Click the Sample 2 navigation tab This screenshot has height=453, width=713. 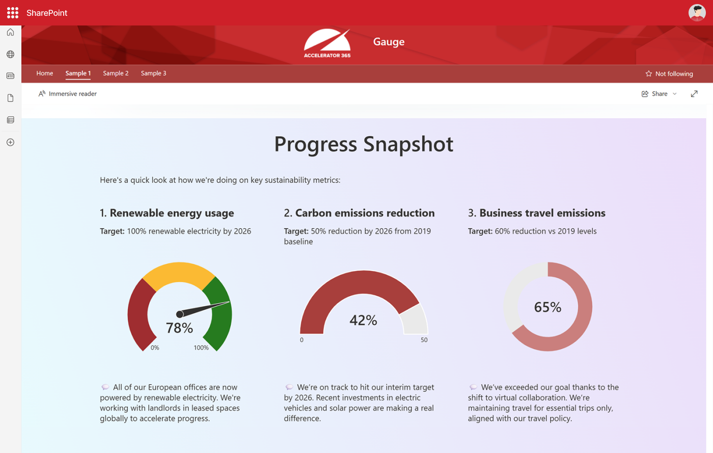pos(116,73)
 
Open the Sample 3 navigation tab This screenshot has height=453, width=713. pos(153,73)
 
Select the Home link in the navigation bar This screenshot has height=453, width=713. pos(45,73)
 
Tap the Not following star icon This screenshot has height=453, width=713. pos(649,73)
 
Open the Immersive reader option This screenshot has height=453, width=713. pos(67,94)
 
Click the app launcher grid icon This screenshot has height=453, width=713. pos(13,13)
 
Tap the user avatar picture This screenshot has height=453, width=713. pos(697,13)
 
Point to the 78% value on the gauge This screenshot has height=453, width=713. pos(179,328)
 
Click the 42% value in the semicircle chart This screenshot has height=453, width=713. pos(363,320)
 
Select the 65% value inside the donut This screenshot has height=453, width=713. pos(547,307)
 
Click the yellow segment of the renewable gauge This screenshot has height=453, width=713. pos(179,273)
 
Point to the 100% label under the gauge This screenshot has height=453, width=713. pos(201,348)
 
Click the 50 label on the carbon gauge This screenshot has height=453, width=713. pos(424,340)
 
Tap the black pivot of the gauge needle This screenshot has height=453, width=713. pos(179,314)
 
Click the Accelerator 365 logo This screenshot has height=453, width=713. pos(327,43)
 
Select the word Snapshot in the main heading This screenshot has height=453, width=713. pos(408,144)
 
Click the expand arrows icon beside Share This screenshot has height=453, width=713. pos(694,94)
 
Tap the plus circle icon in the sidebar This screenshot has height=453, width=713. pos(11,142)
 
